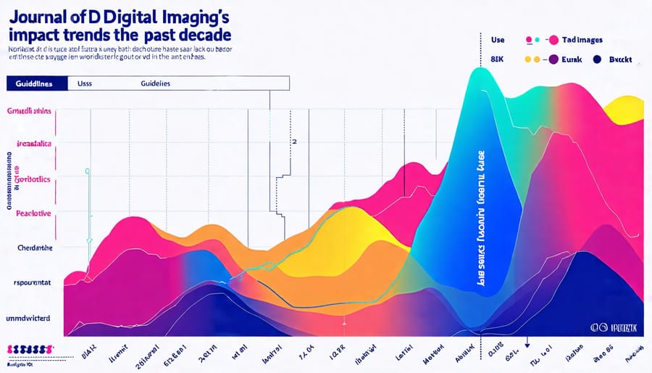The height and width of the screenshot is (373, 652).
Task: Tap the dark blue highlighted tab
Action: tap(33, 83)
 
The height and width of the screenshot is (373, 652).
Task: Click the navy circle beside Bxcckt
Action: tap(598, 60)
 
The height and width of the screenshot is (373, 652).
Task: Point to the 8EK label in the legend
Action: tap(498, 60)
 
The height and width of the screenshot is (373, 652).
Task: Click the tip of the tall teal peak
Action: tap(479, 70)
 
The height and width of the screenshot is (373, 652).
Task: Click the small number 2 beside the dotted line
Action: tap(294, 142)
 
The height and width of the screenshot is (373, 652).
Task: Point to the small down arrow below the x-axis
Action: tap(528, 345)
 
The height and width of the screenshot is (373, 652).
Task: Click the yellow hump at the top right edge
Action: tap(627, 110)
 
